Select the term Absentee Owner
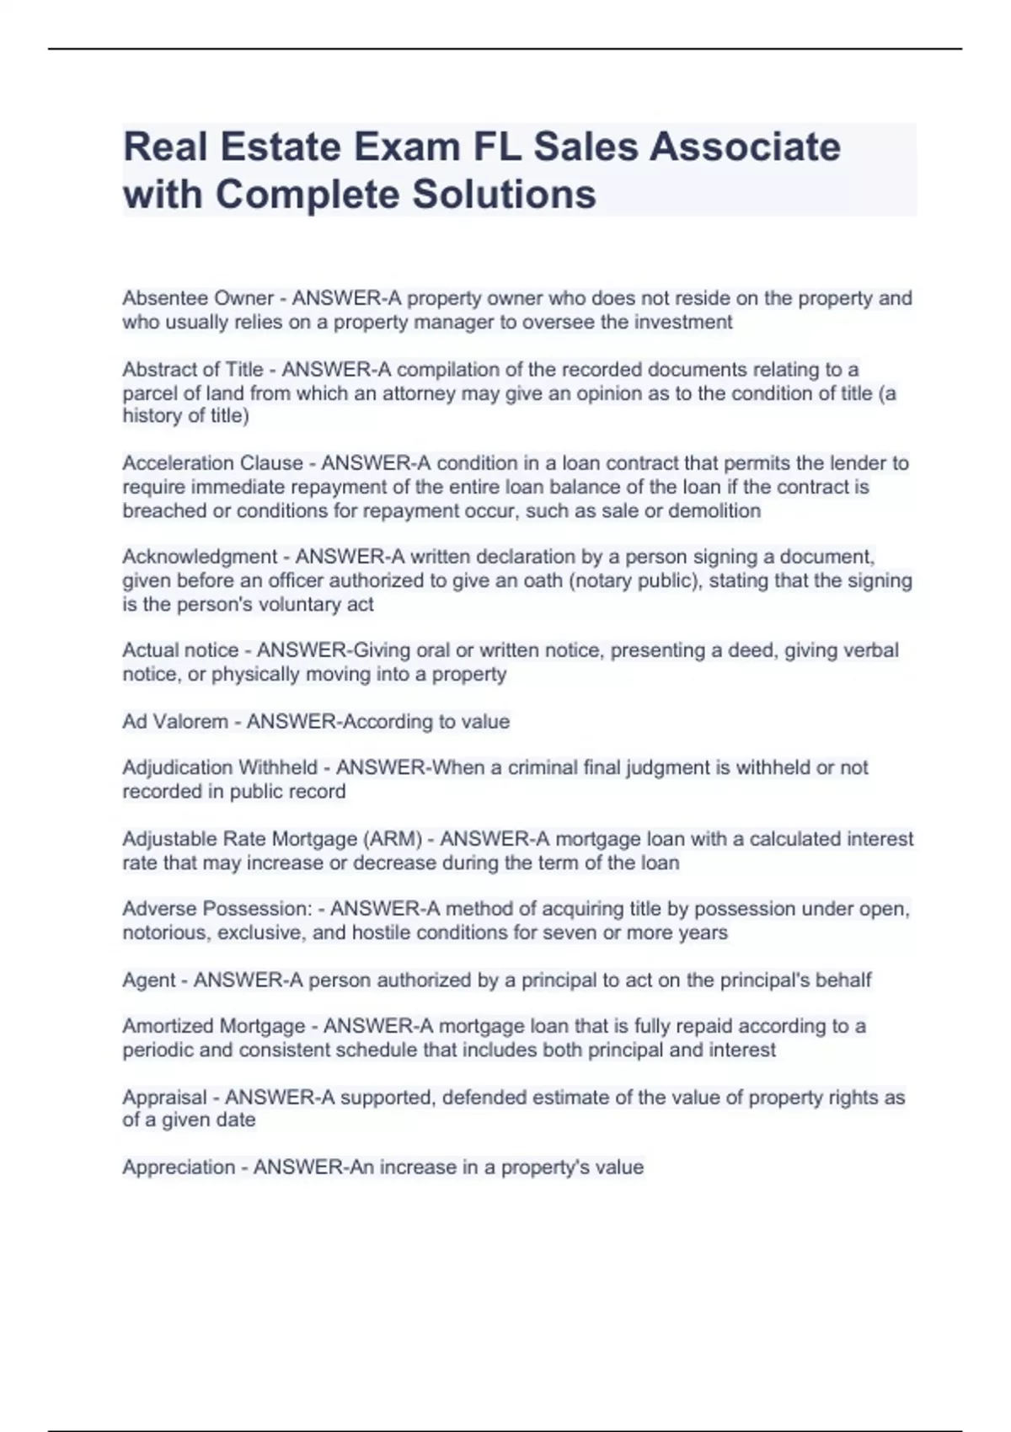[x=198, y=298]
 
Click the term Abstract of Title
[x=192, y=370]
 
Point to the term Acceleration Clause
[x=212, y=463]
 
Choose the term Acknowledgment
[x=200, y=557]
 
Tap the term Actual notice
[x=180, y=650]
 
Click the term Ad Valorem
[x=175, y=722]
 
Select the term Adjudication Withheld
[x=220, y=767]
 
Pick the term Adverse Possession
[x=217, y=909]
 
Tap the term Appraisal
[x=164, y=1098]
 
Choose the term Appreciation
[x=178, y=1168]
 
